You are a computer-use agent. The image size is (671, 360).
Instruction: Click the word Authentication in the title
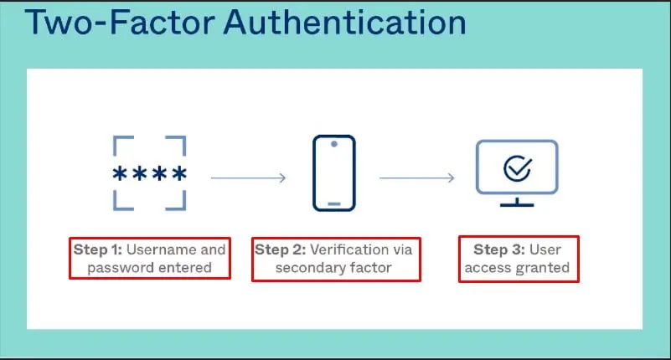(344, 23)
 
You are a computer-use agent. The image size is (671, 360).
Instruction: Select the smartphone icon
(334, 173)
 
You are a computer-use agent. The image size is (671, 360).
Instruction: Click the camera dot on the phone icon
(334, 144)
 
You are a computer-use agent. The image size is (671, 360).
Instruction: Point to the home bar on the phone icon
(334, 204)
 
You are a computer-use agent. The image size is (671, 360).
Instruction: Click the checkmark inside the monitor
(518, 168)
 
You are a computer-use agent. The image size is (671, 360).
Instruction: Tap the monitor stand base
(517, 205)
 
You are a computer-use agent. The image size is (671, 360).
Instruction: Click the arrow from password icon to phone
(248, 177)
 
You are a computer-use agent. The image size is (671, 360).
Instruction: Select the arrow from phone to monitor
(417, 177)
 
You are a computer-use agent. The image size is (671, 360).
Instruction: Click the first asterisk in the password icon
(120, 173)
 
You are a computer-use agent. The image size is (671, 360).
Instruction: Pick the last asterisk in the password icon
(179, 173)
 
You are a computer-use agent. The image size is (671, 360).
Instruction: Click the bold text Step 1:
(98, 249)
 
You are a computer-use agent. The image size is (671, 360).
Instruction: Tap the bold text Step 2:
(281, 249)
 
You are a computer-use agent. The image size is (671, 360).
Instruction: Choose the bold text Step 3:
(499, 249)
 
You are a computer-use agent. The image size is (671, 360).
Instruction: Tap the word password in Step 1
(113, 268)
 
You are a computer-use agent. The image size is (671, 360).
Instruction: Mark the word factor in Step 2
(371, 268)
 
